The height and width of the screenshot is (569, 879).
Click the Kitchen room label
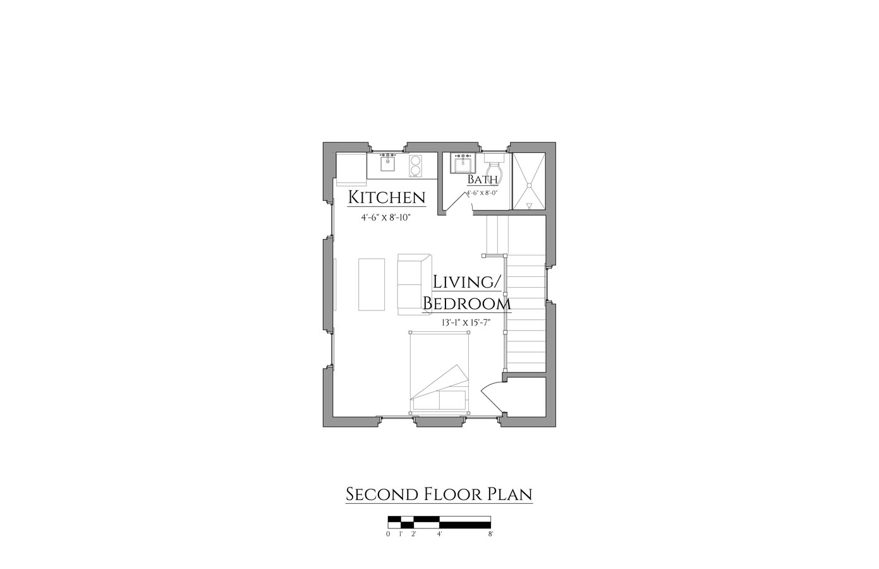click(x=387, y=197)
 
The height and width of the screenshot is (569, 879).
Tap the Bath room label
click(x=482, y=180)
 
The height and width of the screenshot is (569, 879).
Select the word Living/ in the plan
click(x=466, y=283)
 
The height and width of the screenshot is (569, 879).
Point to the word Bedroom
click(x=467, y=303)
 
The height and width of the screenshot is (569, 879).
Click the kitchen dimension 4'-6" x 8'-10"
click(x=385, y=217)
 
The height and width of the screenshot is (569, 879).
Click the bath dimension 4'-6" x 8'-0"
click(x=482, y=193)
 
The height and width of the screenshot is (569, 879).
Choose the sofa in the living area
click(x=415, y=284)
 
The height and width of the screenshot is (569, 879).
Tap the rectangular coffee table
click(x=371, y=284)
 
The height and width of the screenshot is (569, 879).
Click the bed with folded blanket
click(x=439, y=372)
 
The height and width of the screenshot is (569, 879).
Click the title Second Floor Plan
click(x=439, y=494)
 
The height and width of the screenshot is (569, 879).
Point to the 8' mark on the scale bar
click(x=490, y=534)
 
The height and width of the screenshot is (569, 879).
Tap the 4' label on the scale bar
click(x=439, y=534)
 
